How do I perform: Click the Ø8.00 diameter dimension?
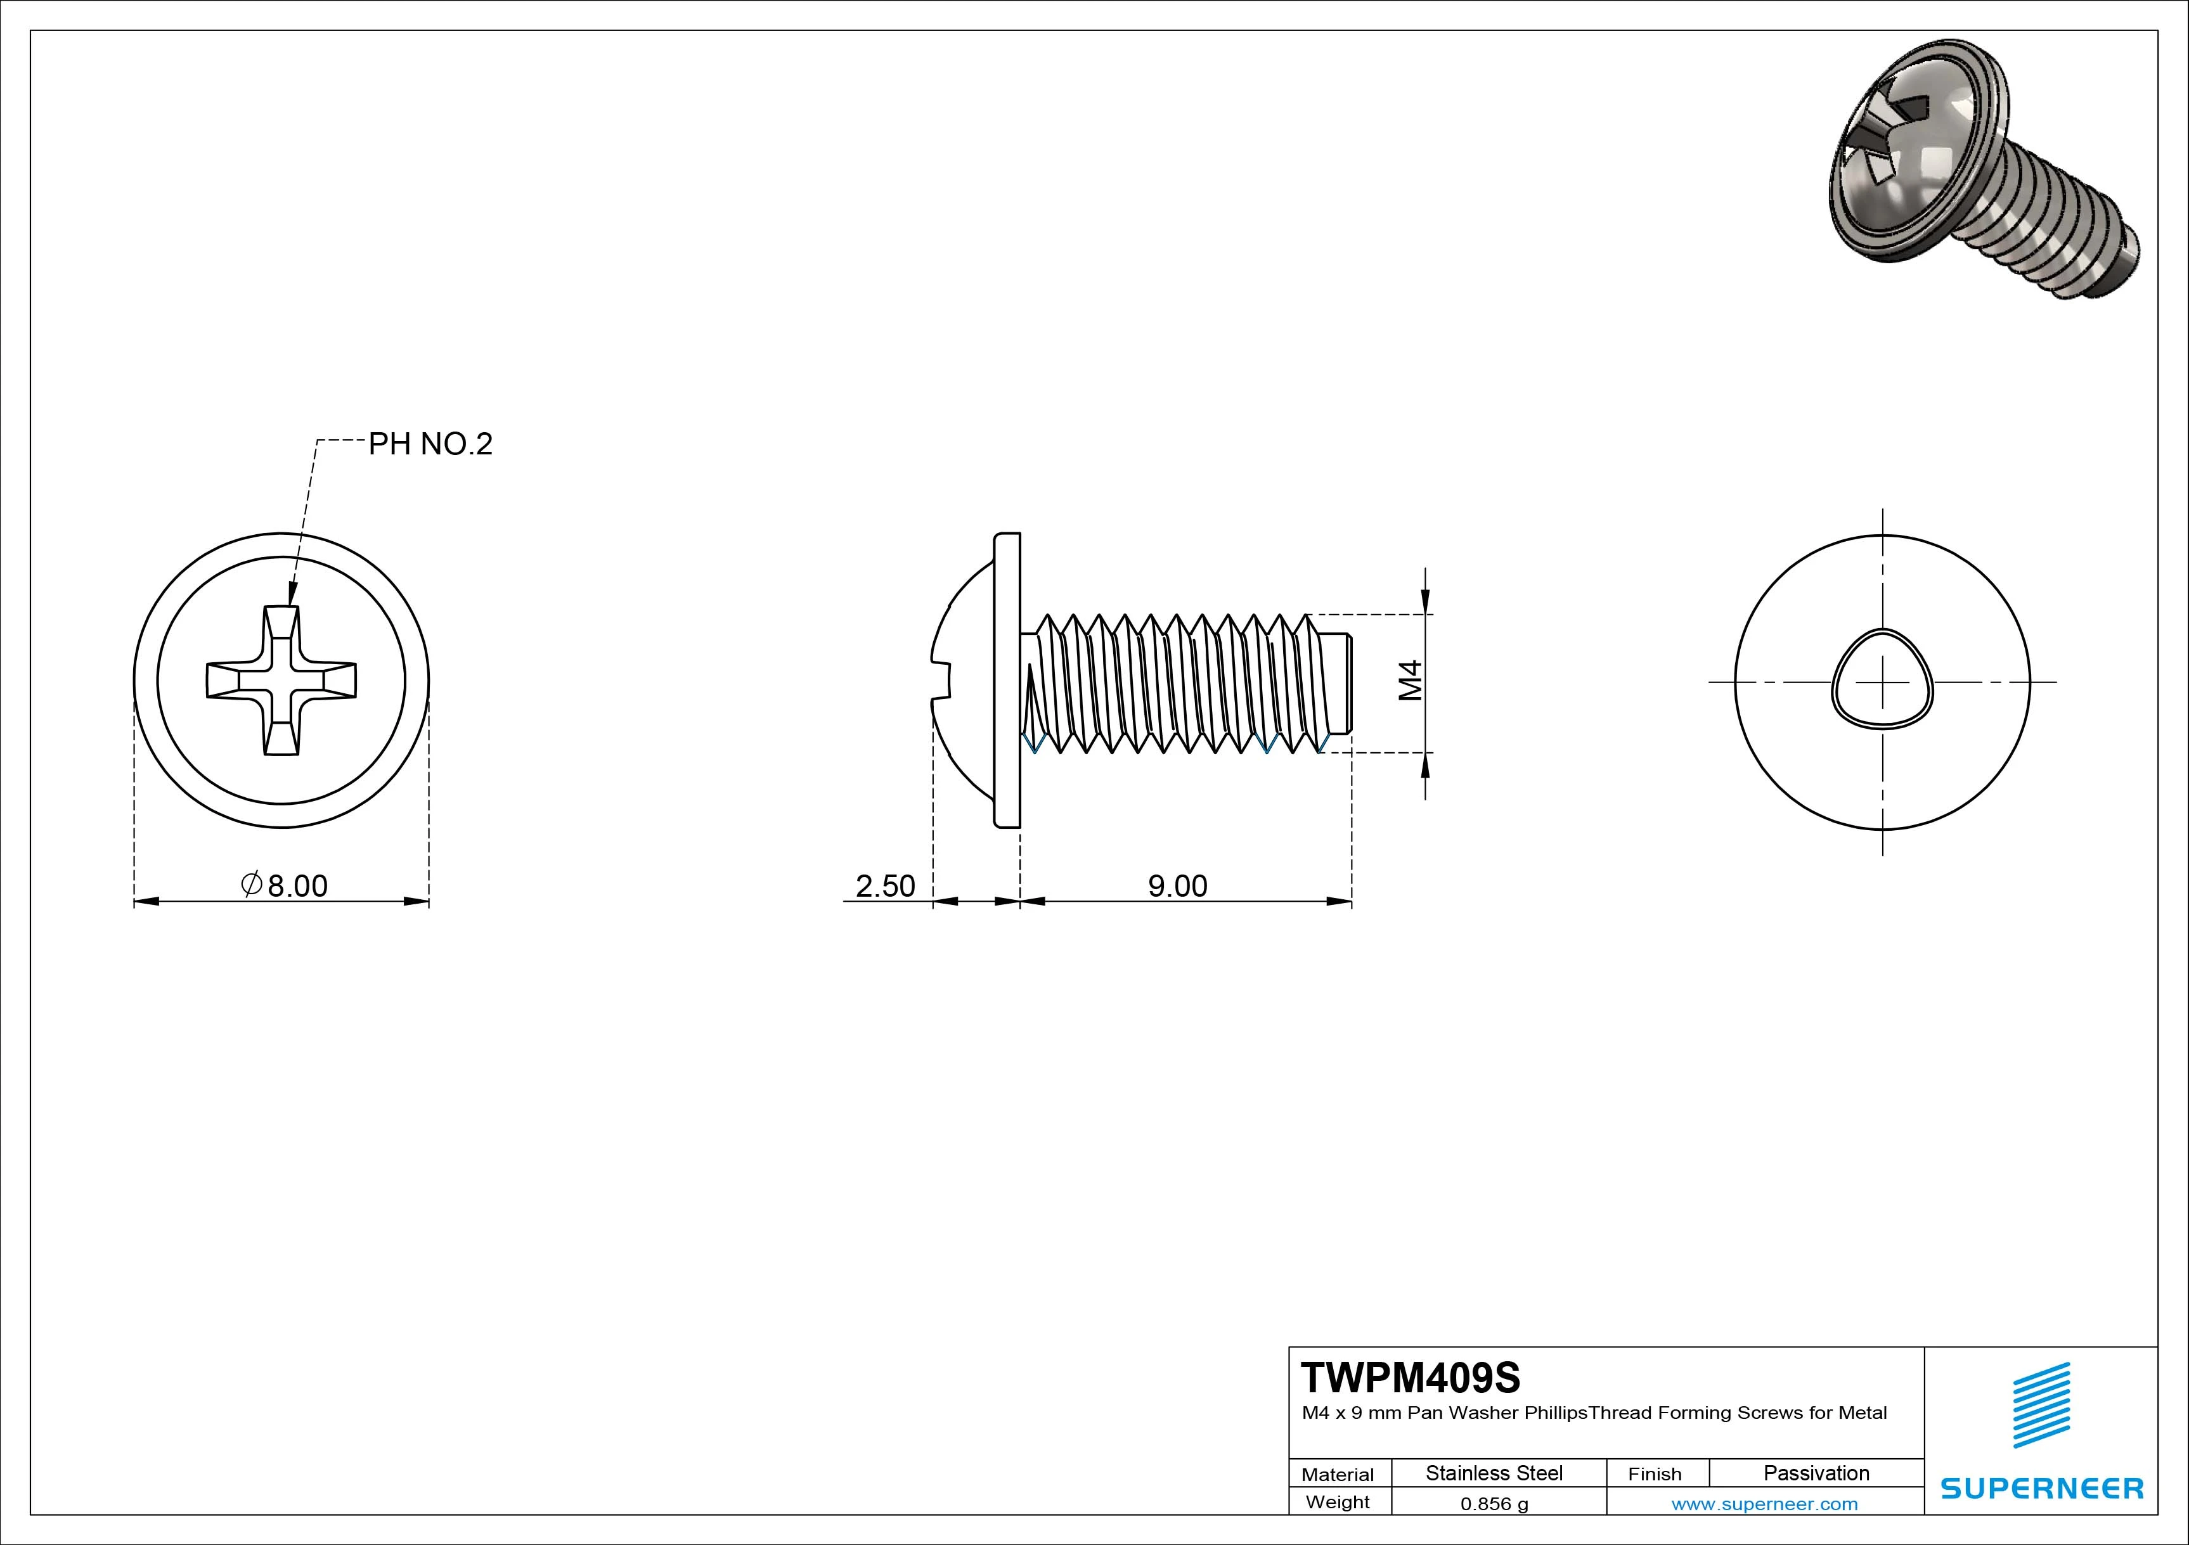click(285, 885)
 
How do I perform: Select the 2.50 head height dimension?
click(885, 885)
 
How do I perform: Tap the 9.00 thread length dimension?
click(1177, 885)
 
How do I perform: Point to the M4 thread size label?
click(1411, 681)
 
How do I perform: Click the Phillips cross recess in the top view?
click(281, 681)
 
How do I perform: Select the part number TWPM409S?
click(1412, 1377)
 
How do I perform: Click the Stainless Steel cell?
click(1494, 1473)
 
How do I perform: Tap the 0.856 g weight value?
click(1494, 1504)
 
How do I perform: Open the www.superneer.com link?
click(1764, 1504)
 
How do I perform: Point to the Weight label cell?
click(1338, 1502)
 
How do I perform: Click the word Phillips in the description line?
click(1555, 1413)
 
